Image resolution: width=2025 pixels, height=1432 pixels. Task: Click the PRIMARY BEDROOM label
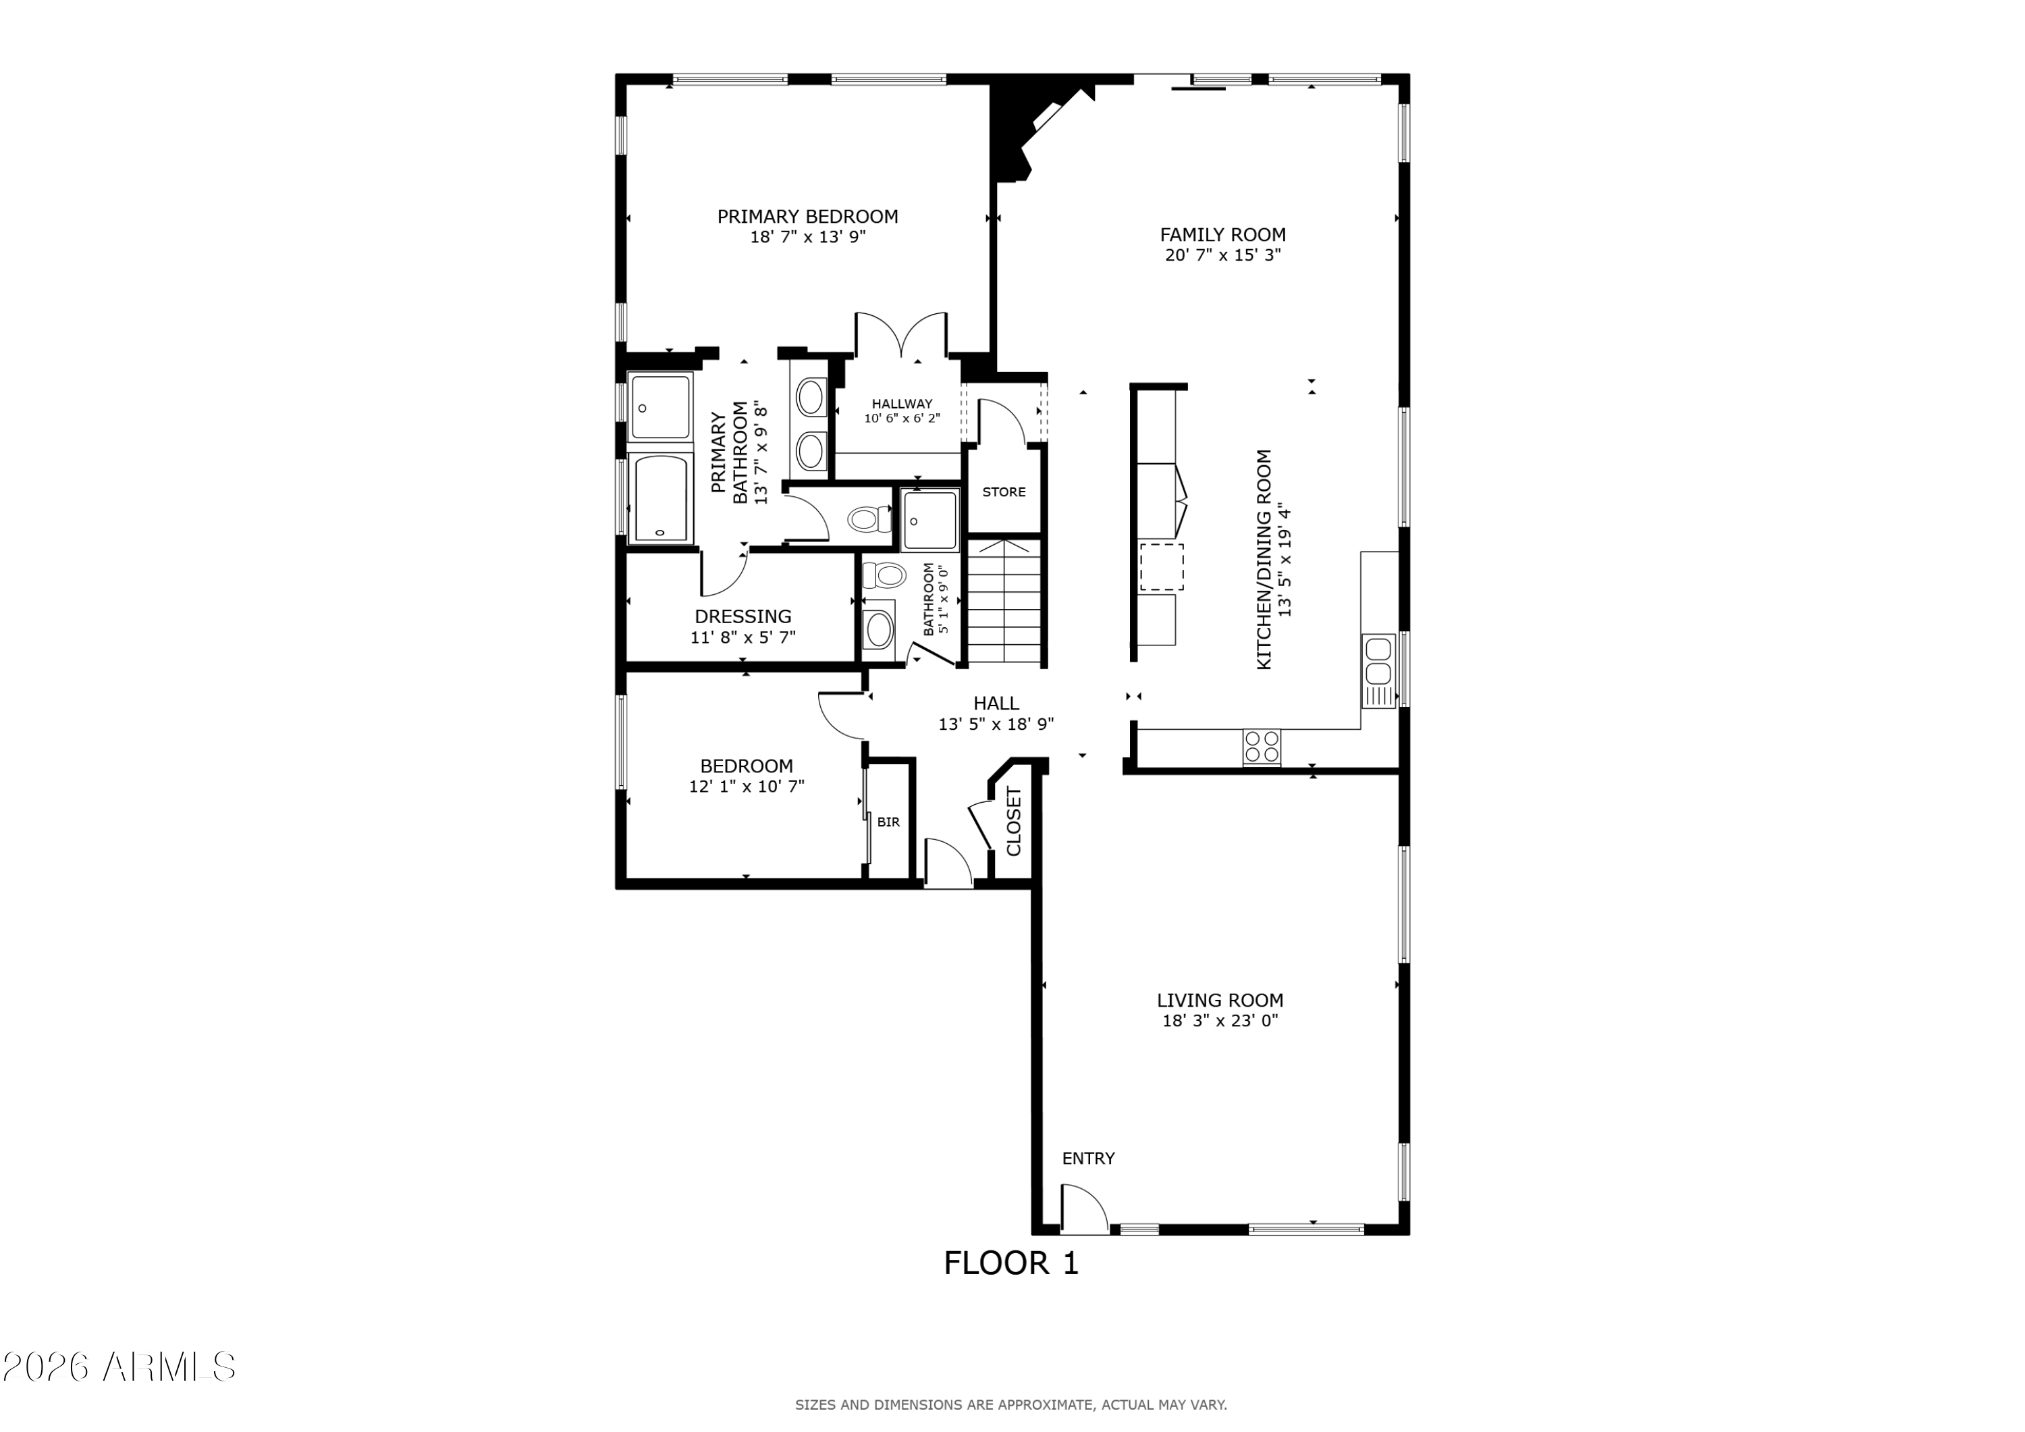807,216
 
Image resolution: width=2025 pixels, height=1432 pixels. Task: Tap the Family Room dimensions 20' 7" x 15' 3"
1222,255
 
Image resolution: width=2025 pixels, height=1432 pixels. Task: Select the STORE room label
1004,492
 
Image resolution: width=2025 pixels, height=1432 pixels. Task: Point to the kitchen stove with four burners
1261,747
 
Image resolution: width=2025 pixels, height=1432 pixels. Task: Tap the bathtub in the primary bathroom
661,498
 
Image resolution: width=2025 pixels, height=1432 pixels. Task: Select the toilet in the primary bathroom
869,519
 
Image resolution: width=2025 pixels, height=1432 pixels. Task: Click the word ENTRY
1088,1159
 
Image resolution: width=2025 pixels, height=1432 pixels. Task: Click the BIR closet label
888,822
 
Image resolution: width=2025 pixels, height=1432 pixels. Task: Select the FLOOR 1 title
1010,1263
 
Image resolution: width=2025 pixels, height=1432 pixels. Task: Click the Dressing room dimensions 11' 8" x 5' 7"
742,637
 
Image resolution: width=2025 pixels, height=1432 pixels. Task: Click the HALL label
996,704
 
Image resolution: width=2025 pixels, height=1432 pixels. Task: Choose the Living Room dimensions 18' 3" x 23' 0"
1220,1021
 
